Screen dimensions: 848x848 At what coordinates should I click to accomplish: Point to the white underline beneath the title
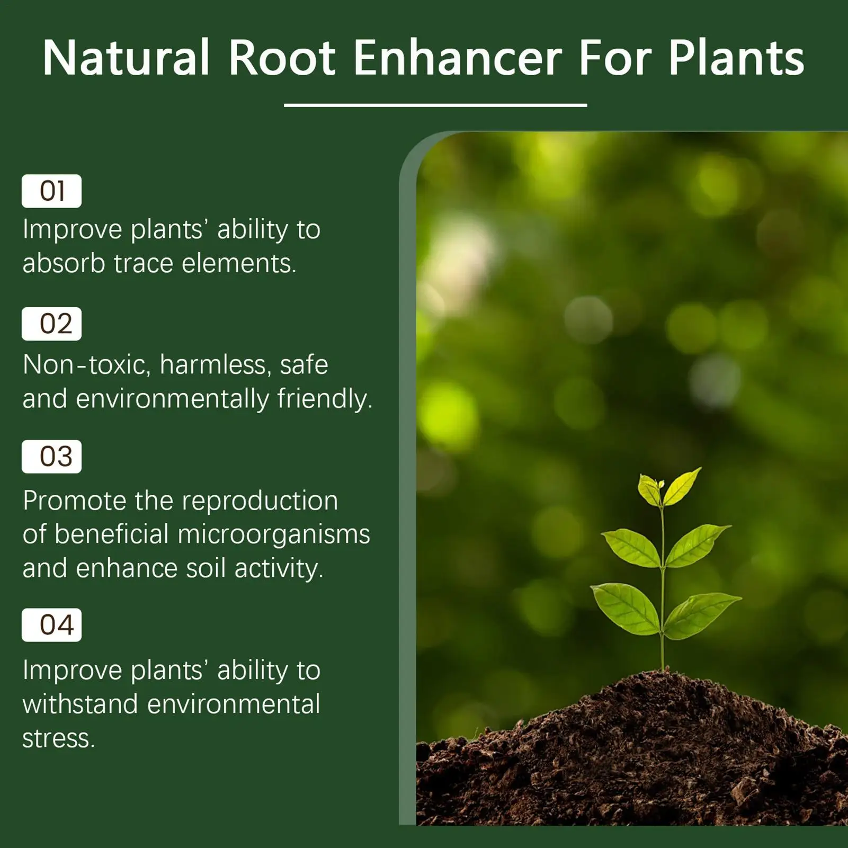click(435, 105)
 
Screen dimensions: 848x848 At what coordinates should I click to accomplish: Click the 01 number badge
click(51, 191)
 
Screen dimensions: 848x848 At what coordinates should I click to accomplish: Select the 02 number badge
click(51, 324)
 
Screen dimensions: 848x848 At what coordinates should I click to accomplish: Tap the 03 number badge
click(51, 457)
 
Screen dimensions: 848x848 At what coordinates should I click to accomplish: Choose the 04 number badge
click(51, 625)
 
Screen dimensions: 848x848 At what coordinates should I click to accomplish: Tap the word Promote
click(75, 501)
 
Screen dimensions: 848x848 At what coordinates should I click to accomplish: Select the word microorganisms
click(273, 534)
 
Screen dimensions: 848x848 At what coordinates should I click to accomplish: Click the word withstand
click(80, 704)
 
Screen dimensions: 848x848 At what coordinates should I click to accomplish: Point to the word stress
click(58, 738)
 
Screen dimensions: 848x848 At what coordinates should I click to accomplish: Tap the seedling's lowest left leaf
click(625, 608)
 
